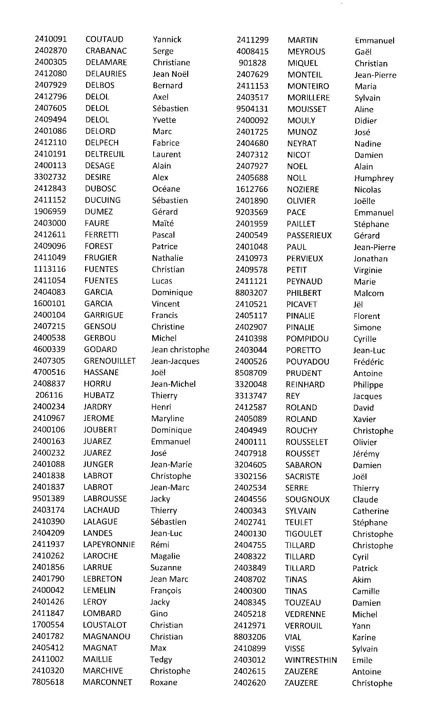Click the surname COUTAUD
pos(104,39)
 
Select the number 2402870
pos(51,50)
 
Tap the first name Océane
pos(166,189)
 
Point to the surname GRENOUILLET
pos(110,361)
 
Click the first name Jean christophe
pos(180,349)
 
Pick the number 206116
pos(49,395)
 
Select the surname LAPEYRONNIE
pos(109,545)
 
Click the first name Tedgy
pos(161,659)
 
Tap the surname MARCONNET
pos(107,682)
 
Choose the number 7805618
pos(48,682)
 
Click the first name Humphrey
pos(374,178)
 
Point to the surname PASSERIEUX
pos(309,235)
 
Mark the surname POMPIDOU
pos(307,339)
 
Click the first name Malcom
pos(369,293)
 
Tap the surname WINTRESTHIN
pos(311,660)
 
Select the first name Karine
pos(364,637)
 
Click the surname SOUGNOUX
pos(307,499)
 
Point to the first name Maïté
pos(163,223)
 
